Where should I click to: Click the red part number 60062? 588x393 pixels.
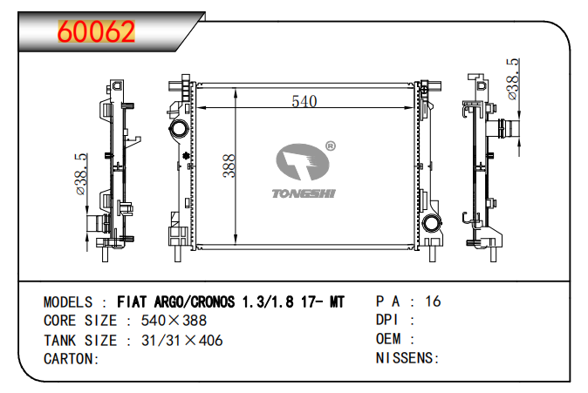[96, 31]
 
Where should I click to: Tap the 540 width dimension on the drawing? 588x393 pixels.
[304, 101]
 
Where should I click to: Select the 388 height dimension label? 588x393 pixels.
[229, 166]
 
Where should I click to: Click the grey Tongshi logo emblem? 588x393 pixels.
[302, 161]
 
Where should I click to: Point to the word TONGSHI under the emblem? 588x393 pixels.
[304, 193]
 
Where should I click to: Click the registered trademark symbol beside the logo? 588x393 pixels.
[330, 146]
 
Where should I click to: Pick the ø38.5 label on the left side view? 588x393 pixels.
[81, 173]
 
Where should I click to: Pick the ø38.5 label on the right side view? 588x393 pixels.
[513, 79]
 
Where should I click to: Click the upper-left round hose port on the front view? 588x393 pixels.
[179, 129]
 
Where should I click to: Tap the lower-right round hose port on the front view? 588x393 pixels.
[432, 224]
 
